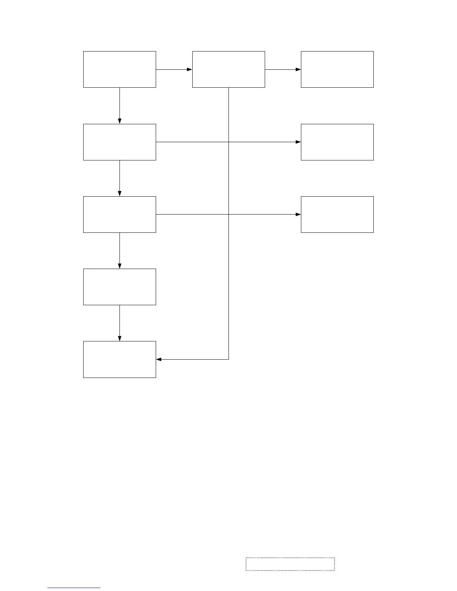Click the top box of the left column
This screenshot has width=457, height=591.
[119, 69]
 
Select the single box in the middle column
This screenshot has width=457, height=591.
[228, 69]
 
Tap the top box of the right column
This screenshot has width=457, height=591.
[337, 69]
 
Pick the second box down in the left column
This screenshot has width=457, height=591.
[119, 142]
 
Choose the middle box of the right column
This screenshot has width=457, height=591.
[337, 142]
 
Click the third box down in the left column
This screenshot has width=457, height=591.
[119, 215]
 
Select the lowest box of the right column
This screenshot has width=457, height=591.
[337, 215]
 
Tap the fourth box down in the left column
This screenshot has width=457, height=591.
[119, 287]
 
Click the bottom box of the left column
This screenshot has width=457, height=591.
[119, 359]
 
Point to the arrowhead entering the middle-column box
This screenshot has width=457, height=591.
[189, 69]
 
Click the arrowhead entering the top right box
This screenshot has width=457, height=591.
[298, 69]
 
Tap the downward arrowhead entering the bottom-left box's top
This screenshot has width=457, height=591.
[119, 338]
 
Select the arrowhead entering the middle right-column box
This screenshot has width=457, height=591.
[298, 142]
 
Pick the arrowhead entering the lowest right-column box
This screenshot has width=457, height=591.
[298, 215]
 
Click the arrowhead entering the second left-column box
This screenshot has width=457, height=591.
[119, 121]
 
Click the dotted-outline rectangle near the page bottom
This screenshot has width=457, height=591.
[290, 564]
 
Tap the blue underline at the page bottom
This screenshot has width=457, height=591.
[74, 588]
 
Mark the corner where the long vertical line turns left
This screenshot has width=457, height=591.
[228, 359]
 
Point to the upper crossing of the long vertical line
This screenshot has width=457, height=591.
[228, 142]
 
